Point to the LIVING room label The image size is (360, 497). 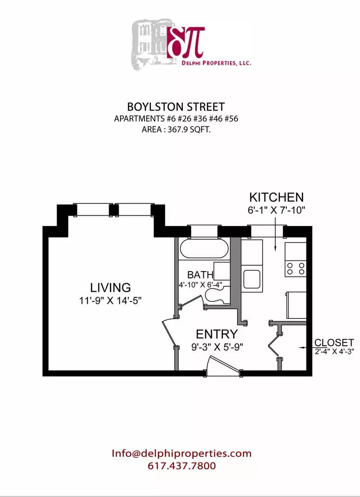point(110,288)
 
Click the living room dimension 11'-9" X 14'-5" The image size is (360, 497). point(110,301)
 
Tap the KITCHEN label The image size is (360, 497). point(276,197)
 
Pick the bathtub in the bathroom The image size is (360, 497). point(204,249)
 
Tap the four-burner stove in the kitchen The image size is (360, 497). point(295,268)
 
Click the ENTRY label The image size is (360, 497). point(217,334)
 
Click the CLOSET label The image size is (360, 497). point(334,343)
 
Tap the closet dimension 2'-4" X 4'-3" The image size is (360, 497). point(335,353)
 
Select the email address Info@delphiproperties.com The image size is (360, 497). point(181,453)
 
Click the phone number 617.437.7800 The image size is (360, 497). point(181,466)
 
